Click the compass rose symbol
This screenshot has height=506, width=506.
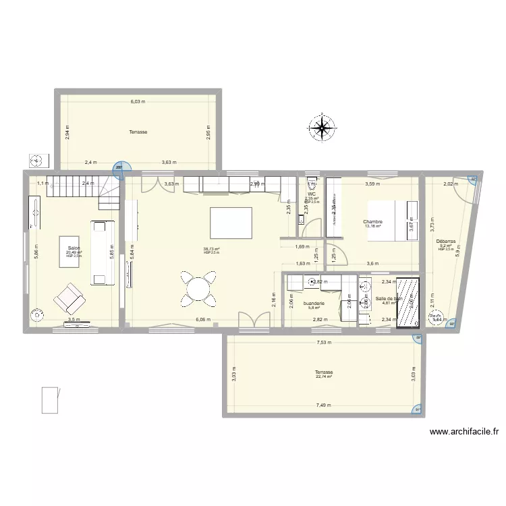tap(322, 128)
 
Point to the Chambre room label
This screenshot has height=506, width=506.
tap(372, 222)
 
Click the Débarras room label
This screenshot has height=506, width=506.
tap(446, 241)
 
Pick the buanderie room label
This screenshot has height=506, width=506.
tap(314, 304)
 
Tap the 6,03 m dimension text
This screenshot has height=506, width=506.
tap(138, 102)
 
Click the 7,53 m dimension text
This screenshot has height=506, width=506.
tap(326, 341)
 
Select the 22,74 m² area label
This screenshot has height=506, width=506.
tap(324, 377)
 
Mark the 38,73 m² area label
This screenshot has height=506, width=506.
tap(211, 249)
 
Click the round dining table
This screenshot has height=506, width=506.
tap(199, 288)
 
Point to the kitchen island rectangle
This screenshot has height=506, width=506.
tap(231, 221)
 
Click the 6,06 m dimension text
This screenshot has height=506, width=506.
tap(203, 320)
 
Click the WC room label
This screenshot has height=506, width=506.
tap(312, 194)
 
